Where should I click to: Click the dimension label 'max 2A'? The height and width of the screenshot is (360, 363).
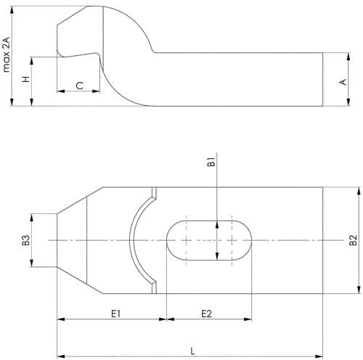point(7,54)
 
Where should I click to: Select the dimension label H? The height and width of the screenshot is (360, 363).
point(26,79)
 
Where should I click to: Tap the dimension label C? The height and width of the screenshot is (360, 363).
point(80,86)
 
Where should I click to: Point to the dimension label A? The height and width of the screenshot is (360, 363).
point(343,82)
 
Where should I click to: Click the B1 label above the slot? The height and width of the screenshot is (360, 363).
point(211,162)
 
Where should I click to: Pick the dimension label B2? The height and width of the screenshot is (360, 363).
point(353,240)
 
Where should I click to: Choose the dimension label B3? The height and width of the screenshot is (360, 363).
point(26,240)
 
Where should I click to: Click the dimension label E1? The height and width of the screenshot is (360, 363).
point(115,314)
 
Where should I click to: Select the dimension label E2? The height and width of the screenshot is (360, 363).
point(206,314)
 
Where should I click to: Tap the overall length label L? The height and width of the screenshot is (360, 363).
point(192,351)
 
